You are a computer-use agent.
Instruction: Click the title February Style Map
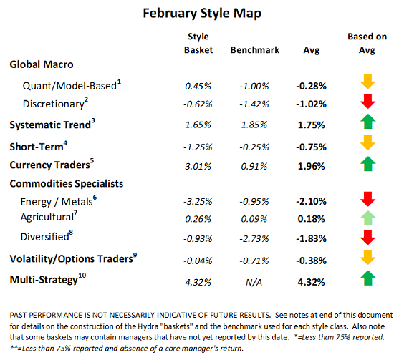[197, 13]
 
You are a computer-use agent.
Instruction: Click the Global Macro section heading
[42, 64]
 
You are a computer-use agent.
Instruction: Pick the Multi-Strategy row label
[42, 281]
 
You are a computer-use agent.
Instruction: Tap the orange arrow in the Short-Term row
[366, 147]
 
